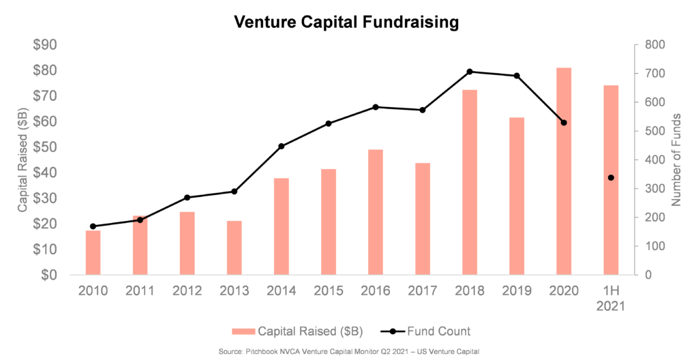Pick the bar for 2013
point(234,247)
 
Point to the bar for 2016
point(376,212)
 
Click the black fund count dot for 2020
point(564,123)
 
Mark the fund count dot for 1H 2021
point(611,178)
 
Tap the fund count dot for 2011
point(140,220)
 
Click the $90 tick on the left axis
point(45,45)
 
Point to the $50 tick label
point(45,147)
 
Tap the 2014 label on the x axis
point(281,291)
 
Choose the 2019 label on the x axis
point(517,291)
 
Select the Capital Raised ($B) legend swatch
point(243,331)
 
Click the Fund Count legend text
point(439,331)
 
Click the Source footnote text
point(349,352)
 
